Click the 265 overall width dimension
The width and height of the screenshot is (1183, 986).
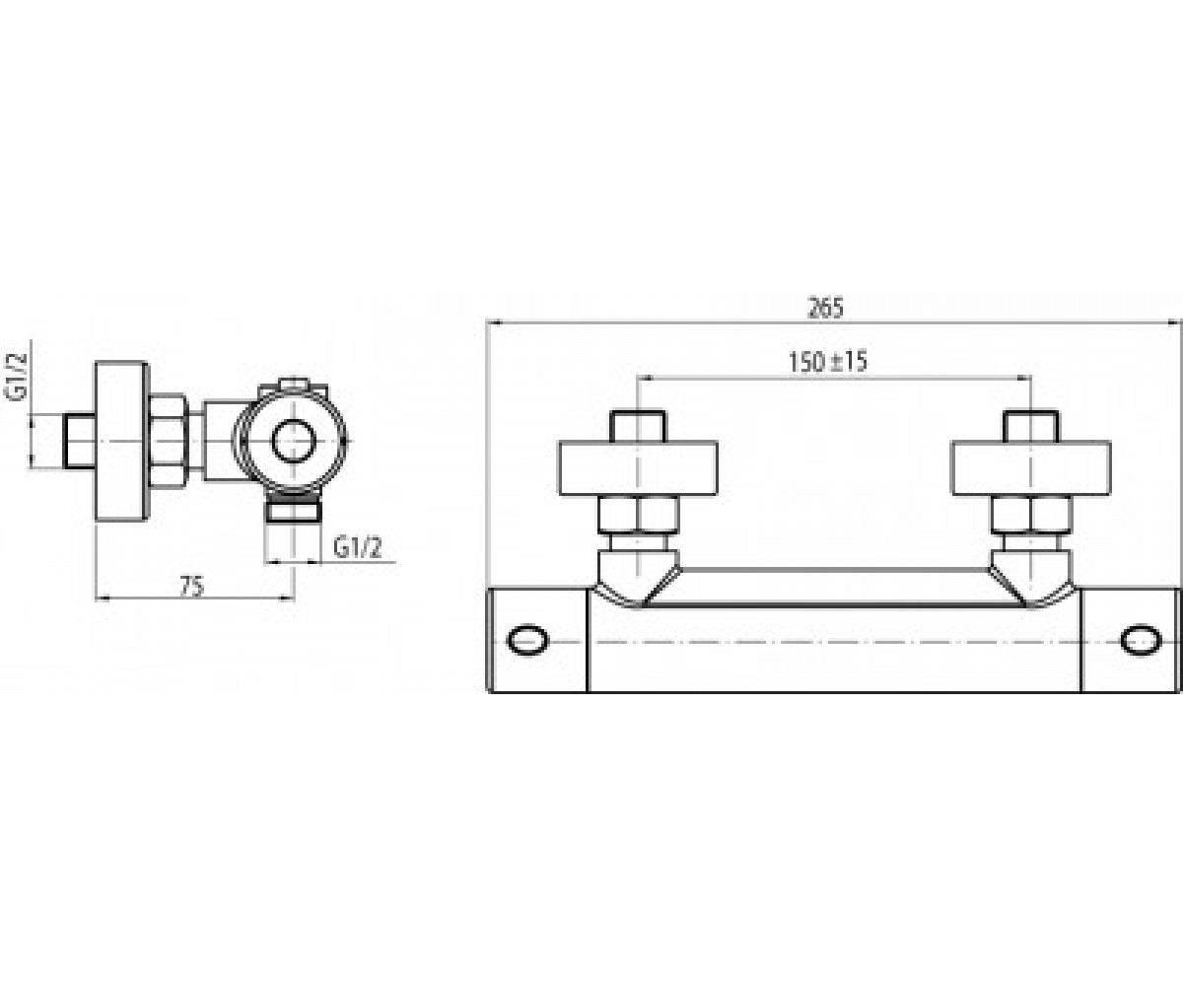click(825, 308)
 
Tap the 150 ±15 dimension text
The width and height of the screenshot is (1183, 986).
click(828, 362)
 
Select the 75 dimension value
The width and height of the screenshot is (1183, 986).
click(191, 587)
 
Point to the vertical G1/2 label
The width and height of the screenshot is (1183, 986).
click(17, 377)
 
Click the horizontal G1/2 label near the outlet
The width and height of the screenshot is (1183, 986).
click(358, 547)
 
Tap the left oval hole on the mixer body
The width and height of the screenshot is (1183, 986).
click(528, 640)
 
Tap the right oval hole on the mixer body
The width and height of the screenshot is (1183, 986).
click(1141, 640)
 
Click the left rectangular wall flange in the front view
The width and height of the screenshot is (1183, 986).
click(639, 468)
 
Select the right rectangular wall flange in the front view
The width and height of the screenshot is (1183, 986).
click(1031, 468)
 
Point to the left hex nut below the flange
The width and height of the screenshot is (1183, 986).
click(639, 515)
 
